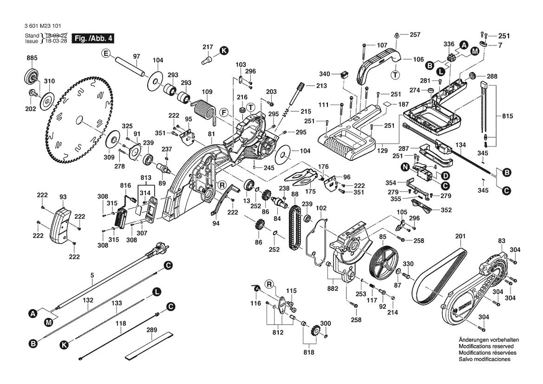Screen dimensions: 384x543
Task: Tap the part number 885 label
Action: (32, 58)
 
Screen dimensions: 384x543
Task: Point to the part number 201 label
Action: (460, 237)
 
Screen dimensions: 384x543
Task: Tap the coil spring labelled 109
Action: (204, 109)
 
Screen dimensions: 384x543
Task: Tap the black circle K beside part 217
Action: (224, 50)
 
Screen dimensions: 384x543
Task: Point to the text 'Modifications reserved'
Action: (486, 346)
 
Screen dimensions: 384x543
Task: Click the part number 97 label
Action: (137, 56)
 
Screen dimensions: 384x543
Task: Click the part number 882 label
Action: (333, 288)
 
